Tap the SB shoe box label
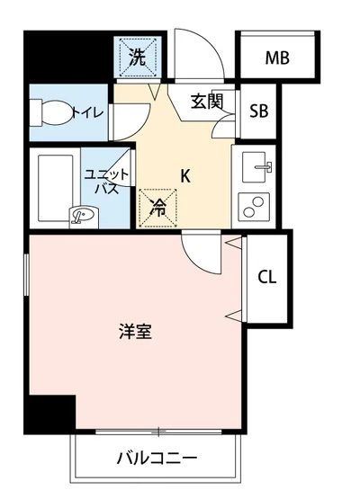click(258, 111)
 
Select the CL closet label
click(266, 276)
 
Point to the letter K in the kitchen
click(184, 176)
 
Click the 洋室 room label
click(135, 331)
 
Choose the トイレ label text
click(93, 112)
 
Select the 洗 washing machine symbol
click(137, 59)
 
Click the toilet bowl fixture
click(50, 112)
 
